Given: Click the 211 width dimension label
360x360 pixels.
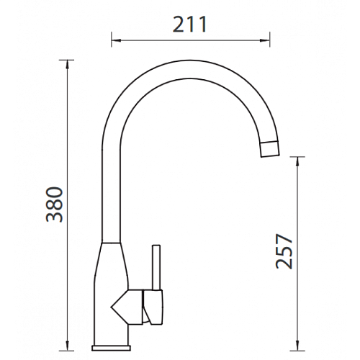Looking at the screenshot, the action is tap(189, 24).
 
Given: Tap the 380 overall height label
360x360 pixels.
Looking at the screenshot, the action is tap(55, 204).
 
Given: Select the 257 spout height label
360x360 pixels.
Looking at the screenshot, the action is tap(284, 251).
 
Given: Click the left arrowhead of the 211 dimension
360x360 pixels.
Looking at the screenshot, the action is tap(115, 40).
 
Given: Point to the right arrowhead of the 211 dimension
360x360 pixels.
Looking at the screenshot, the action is tap(266, 40).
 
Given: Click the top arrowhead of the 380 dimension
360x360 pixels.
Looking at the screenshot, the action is tap(67, 64).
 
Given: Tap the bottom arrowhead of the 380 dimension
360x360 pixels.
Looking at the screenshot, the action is tap(67, 346).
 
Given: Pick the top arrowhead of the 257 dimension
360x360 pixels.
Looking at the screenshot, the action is tap(297, 161).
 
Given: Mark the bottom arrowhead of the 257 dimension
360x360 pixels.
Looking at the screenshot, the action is tap(297, 346).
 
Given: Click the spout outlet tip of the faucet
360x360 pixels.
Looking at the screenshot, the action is tap(270, 149).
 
